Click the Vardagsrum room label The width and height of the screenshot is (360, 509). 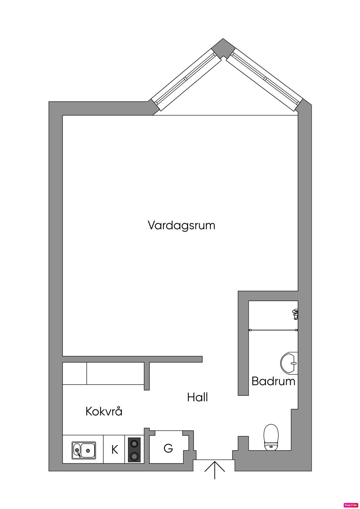(x=181, y=225)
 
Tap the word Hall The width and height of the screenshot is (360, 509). (x=198, y=398)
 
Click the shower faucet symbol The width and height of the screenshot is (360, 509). (x=295, y=314)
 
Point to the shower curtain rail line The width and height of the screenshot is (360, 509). (x=274, y=330)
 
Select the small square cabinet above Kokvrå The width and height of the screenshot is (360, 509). (x=75, y=373)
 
